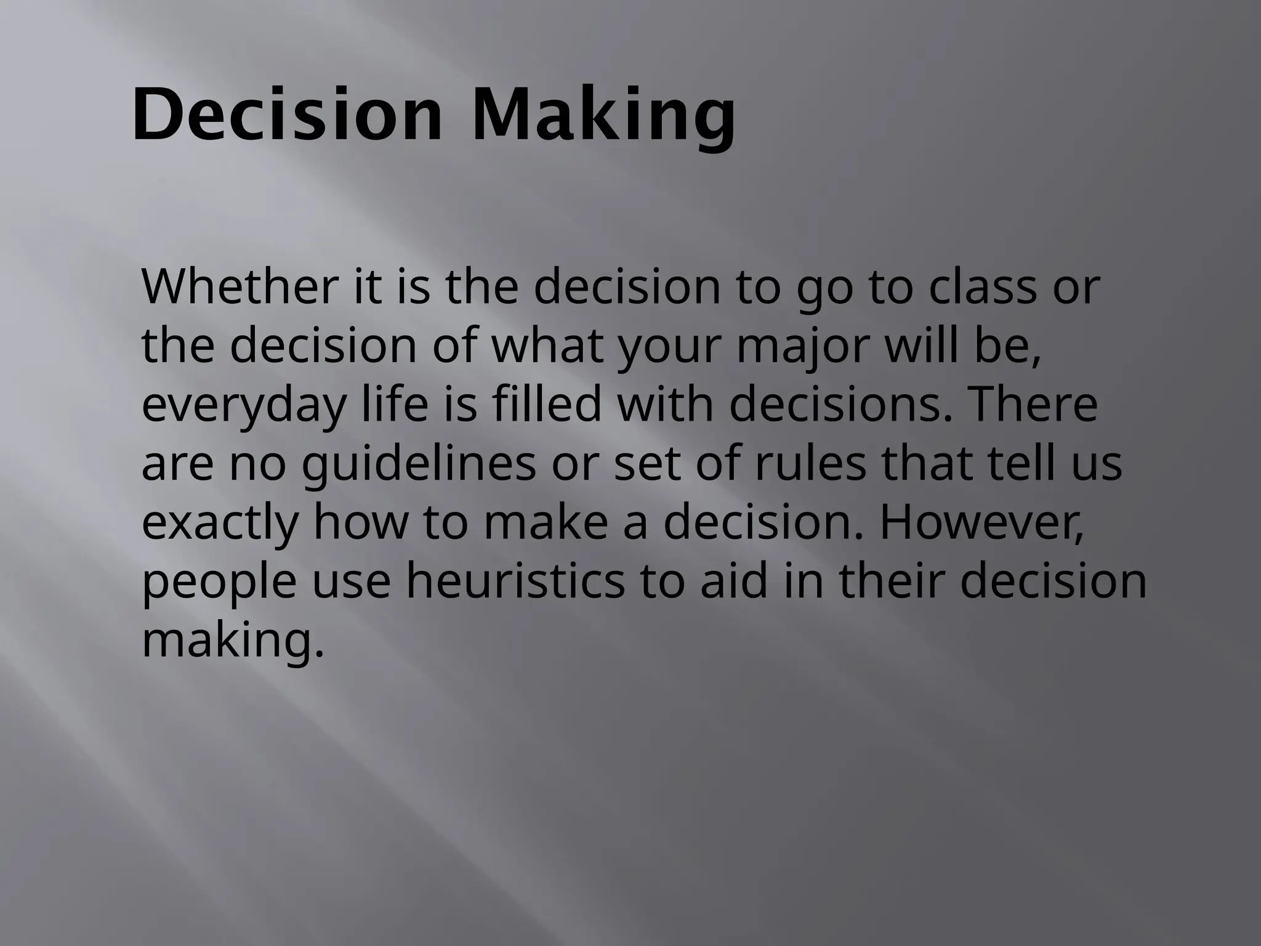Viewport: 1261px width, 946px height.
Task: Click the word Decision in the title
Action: [287, 115]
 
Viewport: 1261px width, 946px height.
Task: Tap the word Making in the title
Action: [603, 115]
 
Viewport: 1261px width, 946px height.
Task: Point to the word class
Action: [983, 287]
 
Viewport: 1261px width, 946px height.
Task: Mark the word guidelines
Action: [418, 464]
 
